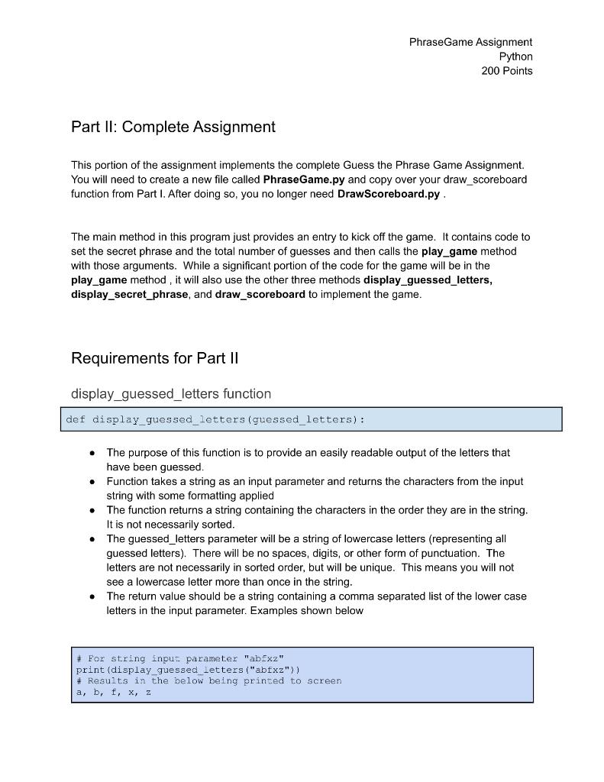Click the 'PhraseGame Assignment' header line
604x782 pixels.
[x=470, y=42]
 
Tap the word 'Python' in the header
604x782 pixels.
[x=515, y=57]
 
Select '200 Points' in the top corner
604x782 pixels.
[x=506, y=71]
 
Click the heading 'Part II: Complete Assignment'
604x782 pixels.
[x=173, y=127]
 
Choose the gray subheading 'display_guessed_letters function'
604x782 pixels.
[x=170, y=394]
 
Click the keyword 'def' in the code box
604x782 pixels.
[x=76, y=419]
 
